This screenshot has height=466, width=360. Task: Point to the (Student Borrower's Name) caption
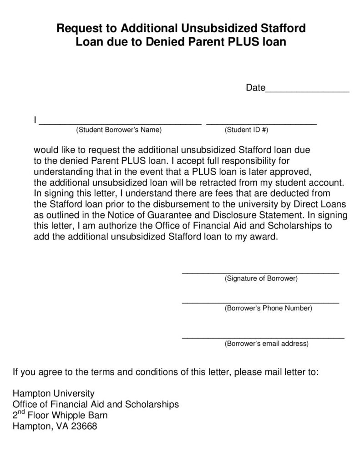(x=119, y=130)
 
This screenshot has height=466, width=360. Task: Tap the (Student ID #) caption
(x=247, y=130)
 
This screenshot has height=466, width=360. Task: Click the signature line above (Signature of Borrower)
(x=260, y=272)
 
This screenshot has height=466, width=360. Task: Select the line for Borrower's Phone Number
(x=260, y=302)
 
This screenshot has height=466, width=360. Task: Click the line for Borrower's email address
(x=263, y=337)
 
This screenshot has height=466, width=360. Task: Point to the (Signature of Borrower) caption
(x=261, y=278)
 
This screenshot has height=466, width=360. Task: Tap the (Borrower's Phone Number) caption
(x=269, y=308)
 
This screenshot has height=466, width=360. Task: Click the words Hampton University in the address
(x=53, y=393)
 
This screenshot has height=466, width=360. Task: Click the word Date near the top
(x=255, y=87)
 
